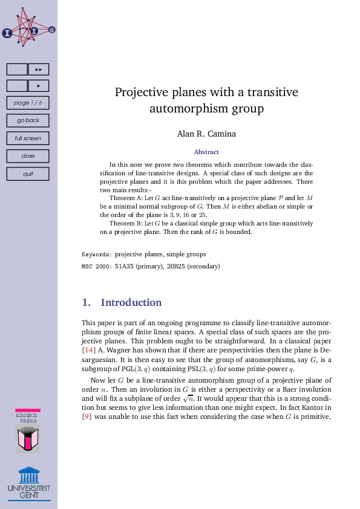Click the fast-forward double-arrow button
click(39, 70)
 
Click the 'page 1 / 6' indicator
click(28, 103)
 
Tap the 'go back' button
click(28, 120)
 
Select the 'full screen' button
click(28, 138)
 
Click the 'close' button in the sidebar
click(28, 156)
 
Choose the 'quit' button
click(28, 174)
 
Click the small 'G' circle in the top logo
click(51, 29)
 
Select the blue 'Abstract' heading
click(206, 152)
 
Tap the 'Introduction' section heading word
click(131, 302)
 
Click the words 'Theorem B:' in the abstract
click(126, 223)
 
